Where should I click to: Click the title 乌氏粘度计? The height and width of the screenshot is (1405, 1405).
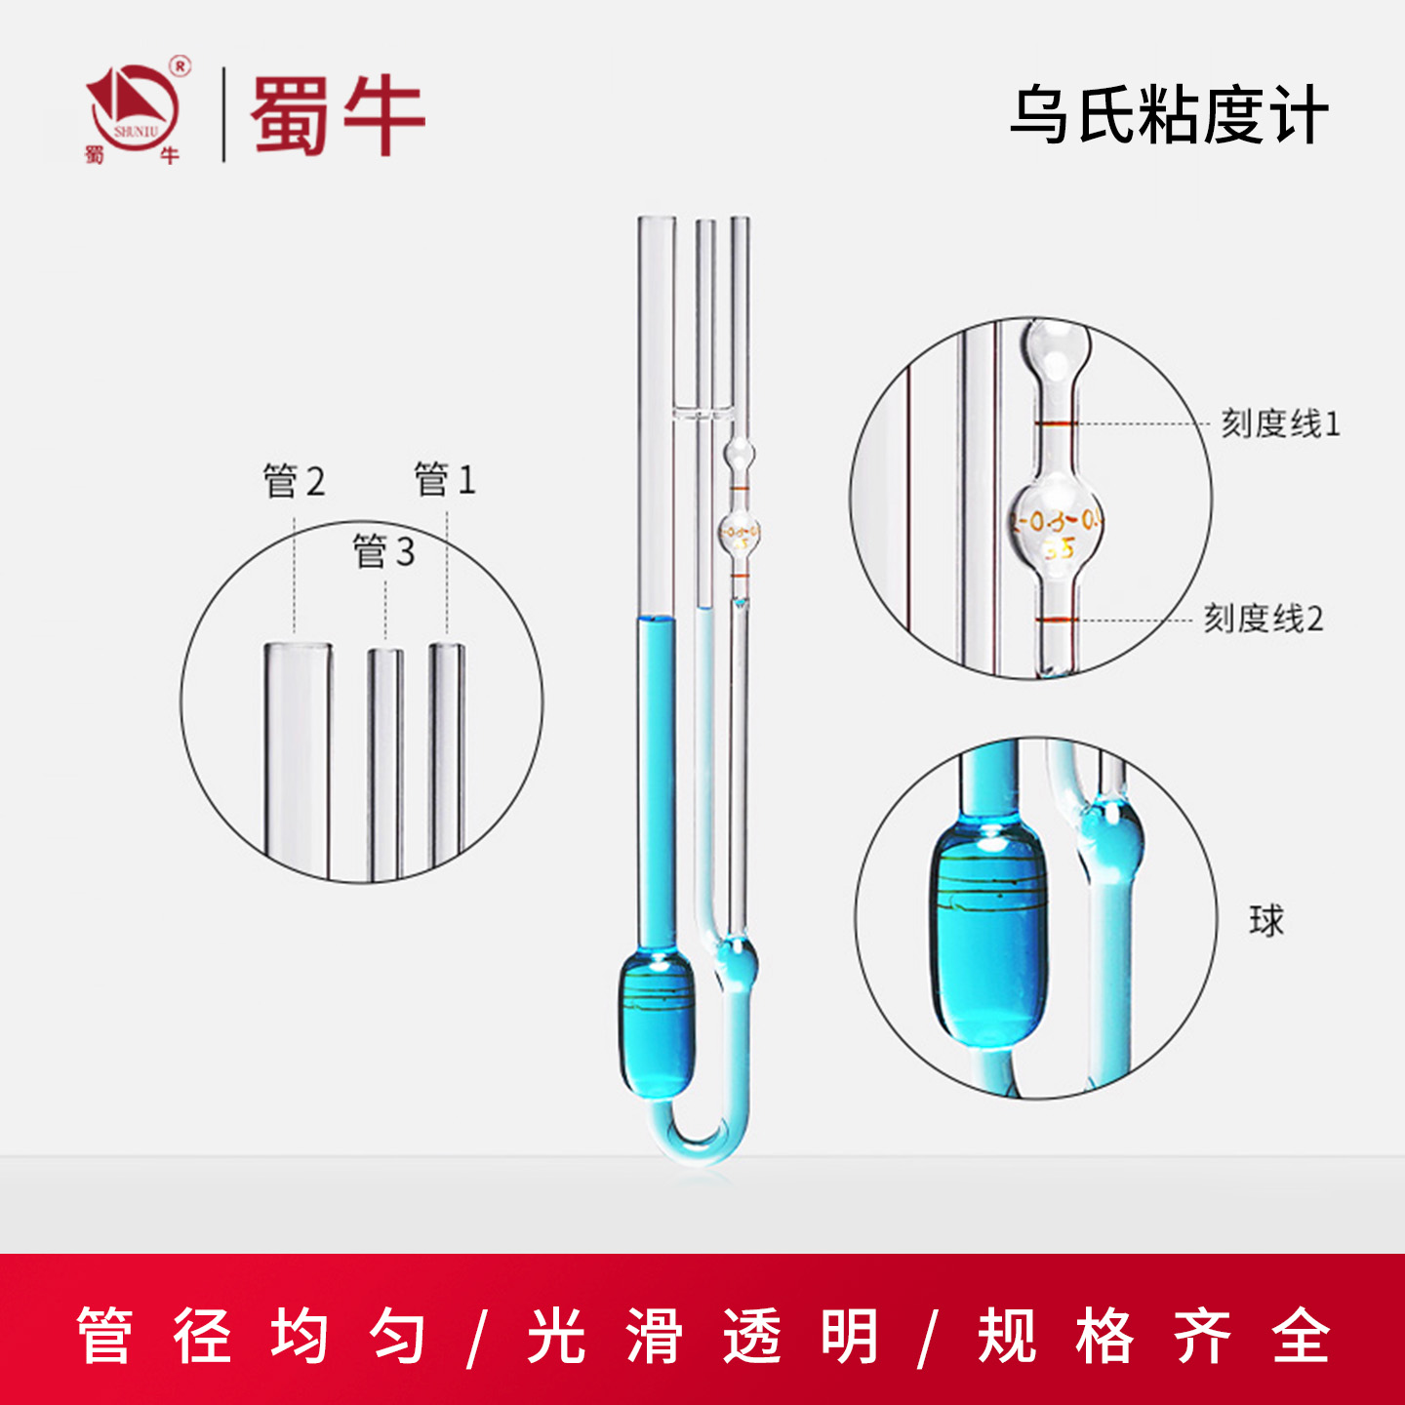[1169, 116]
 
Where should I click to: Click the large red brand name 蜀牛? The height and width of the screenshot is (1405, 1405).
[338, 116]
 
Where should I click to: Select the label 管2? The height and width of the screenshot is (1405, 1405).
[294, 481]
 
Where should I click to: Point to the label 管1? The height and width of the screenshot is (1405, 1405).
[445, 479]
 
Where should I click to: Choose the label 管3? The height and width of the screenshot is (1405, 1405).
[383, 552]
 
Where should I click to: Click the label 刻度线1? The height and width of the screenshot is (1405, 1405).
[1280, 423]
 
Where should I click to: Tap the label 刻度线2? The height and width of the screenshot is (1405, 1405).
[1263, 619]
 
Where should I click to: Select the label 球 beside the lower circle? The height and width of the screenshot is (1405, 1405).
[1266, 921]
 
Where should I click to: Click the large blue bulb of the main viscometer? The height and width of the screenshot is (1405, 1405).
[657, 1024]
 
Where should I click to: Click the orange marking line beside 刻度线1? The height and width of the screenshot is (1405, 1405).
[1056, 423]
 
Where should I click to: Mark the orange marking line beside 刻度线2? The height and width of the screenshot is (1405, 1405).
[1056, 620]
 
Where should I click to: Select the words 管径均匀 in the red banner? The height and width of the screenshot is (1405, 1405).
[251, 1336]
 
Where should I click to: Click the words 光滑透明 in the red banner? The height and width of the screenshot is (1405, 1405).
[702, 1336]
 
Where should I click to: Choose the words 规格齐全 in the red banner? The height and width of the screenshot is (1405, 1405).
[1154, 1336]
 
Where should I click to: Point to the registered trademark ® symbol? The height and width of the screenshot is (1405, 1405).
[181, 66]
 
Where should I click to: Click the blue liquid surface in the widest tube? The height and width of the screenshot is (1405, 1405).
[656, 620]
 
